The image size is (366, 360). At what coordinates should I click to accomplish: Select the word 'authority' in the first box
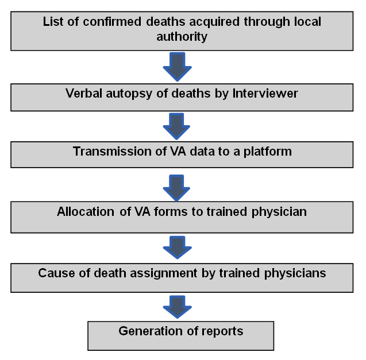[182, 37]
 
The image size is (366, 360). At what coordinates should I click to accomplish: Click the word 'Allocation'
[86, 212]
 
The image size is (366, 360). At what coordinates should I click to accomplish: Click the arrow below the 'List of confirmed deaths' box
[178, 66]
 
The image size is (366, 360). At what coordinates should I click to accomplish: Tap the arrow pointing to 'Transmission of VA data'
[178, 126]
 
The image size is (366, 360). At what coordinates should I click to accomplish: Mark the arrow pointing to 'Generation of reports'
[178, 306]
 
